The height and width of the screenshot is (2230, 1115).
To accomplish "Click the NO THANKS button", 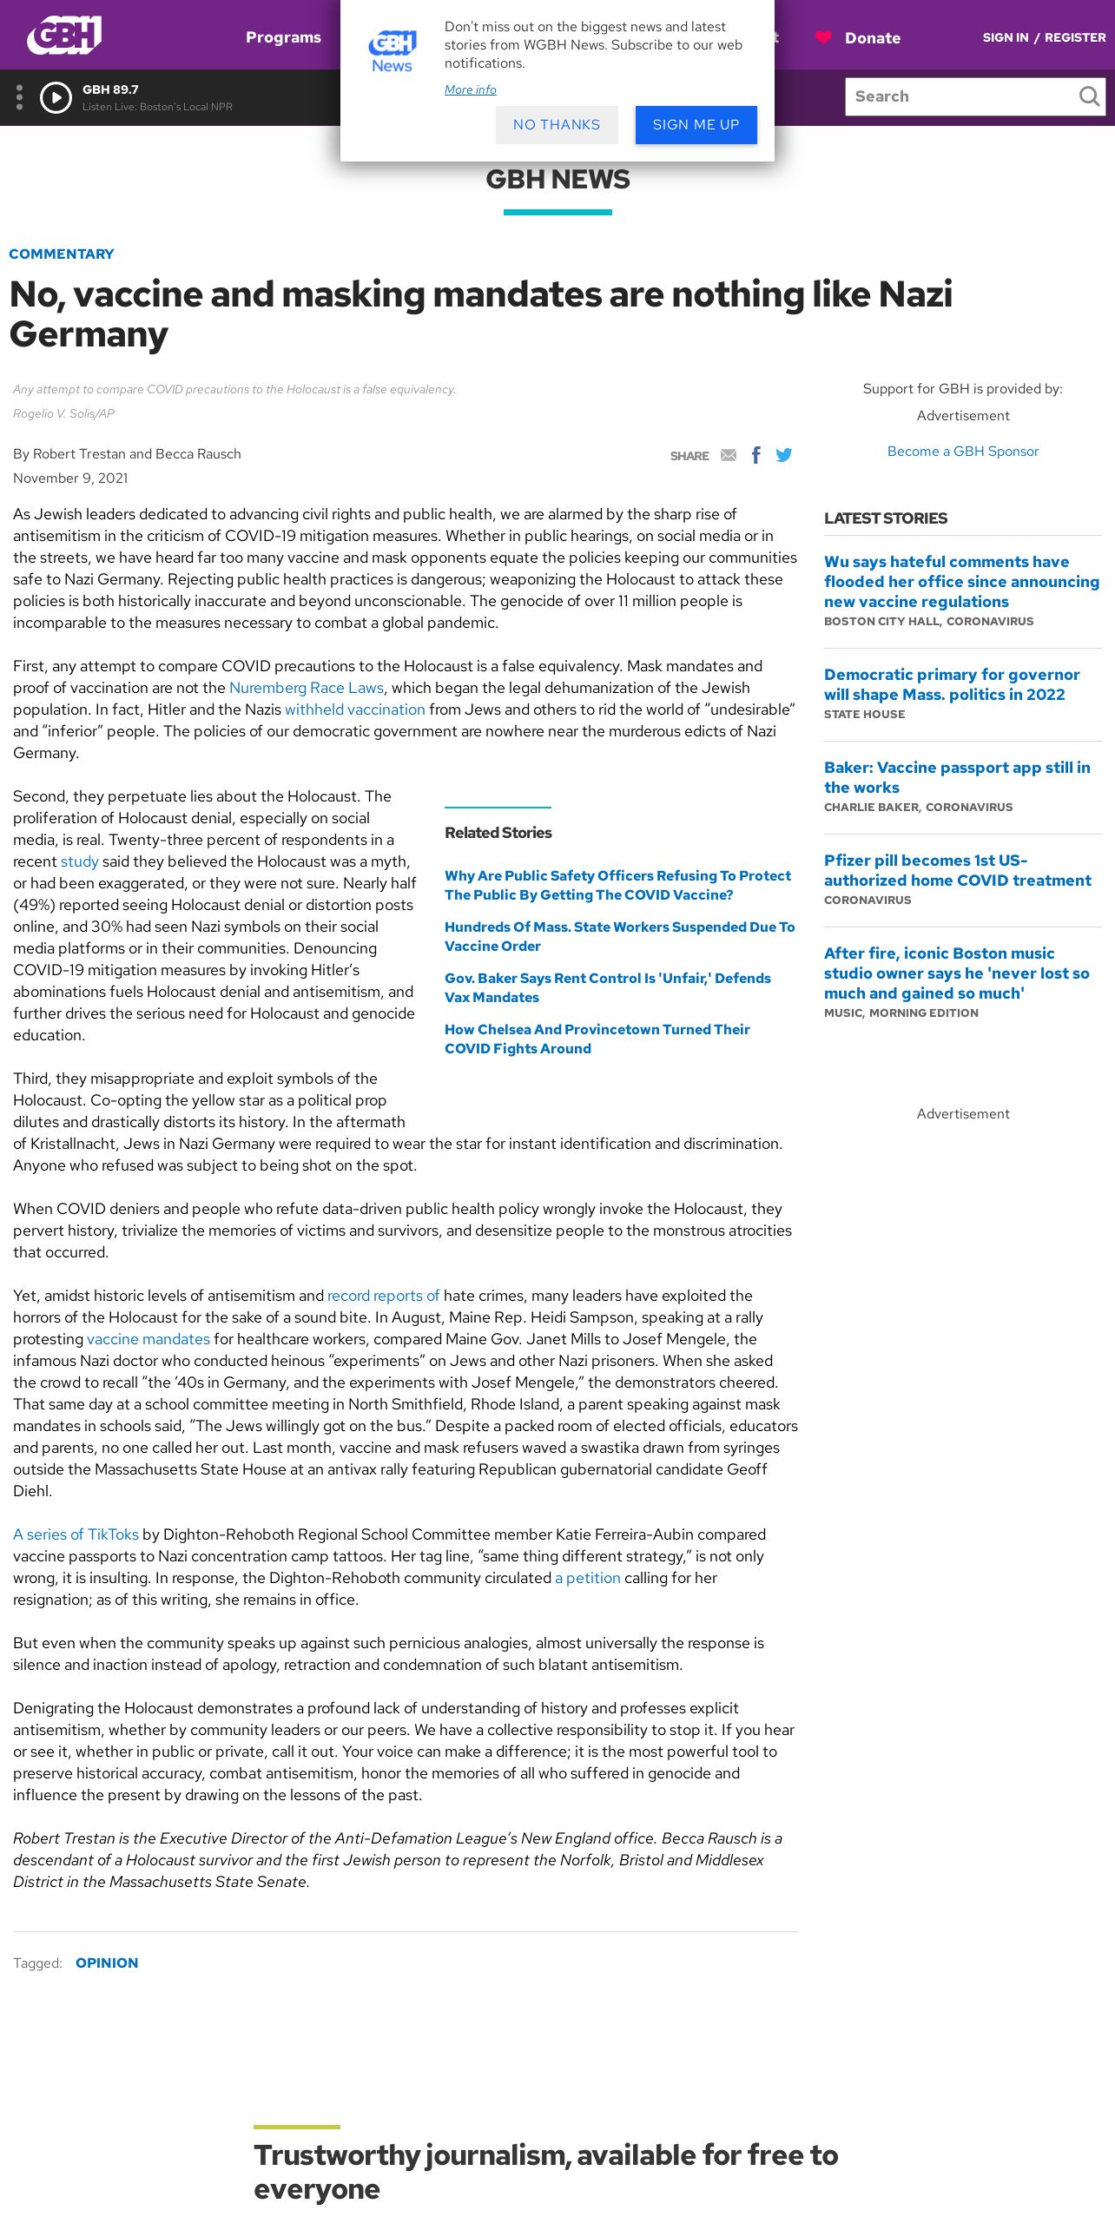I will pos(557,125).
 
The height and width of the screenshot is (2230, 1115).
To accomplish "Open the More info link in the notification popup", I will pos(470,89).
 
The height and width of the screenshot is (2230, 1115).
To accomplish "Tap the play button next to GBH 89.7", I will pos(56,97).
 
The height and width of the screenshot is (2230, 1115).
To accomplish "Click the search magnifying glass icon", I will pos(1088,96).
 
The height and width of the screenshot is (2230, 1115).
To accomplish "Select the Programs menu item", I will pos(283,37).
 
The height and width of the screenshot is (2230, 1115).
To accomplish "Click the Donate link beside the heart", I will pos(872,38).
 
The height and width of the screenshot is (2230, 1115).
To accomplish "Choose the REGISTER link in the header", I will pos(1074,37).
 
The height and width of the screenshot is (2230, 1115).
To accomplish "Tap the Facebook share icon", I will pos(756,455).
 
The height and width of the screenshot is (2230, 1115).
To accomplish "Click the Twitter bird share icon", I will pos(784,455).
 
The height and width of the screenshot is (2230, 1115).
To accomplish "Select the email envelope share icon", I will pos(729,455).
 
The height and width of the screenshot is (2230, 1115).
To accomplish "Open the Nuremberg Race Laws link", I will pos(306,688).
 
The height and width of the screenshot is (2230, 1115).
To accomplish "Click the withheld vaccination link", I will pos(355,709).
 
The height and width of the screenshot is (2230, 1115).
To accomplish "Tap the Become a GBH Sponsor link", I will pos(962,452).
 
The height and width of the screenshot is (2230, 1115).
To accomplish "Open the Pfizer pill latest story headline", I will pos(957,870).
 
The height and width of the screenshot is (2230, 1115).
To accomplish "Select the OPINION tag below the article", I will pos(107,1963).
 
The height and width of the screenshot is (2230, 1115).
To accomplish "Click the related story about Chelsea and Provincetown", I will pos(597,1039).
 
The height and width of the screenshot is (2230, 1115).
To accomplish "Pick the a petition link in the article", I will pos(588,1578).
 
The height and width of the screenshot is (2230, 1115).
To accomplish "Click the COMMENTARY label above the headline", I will pos(62,254).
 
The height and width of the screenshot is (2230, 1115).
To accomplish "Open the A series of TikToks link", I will pos(76,1534).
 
